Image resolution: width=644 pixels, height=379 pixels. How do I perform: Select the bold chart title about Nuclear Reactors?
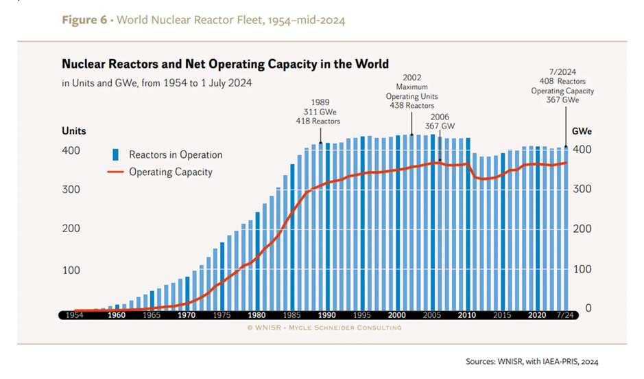(225, 65)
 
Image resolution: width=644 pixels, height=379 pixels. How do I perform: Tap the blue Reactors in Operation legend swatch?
(116, 154)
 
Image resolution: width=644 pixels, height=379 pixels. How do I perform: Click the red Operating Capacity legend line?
(116, 172)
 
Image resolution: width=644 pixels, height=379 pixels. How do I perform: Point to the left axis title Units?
(73, 130)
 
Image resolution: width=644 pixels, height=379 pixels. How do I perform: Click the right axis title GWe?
(582, 130)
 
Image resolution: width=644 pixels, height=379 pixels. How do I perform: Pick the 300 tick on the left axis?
(71, 189)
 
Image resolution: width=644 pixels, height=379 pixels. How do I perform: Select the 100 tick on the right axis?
(584, 269)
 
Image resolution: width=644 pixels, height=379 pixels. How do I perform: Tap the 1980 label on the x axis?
(257, 315)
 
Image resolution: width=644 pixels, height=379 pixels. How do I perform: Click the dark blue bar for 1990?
(327, 226)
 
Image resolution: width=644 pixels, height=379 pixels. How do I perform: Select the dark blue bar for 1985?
(292, 236)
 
